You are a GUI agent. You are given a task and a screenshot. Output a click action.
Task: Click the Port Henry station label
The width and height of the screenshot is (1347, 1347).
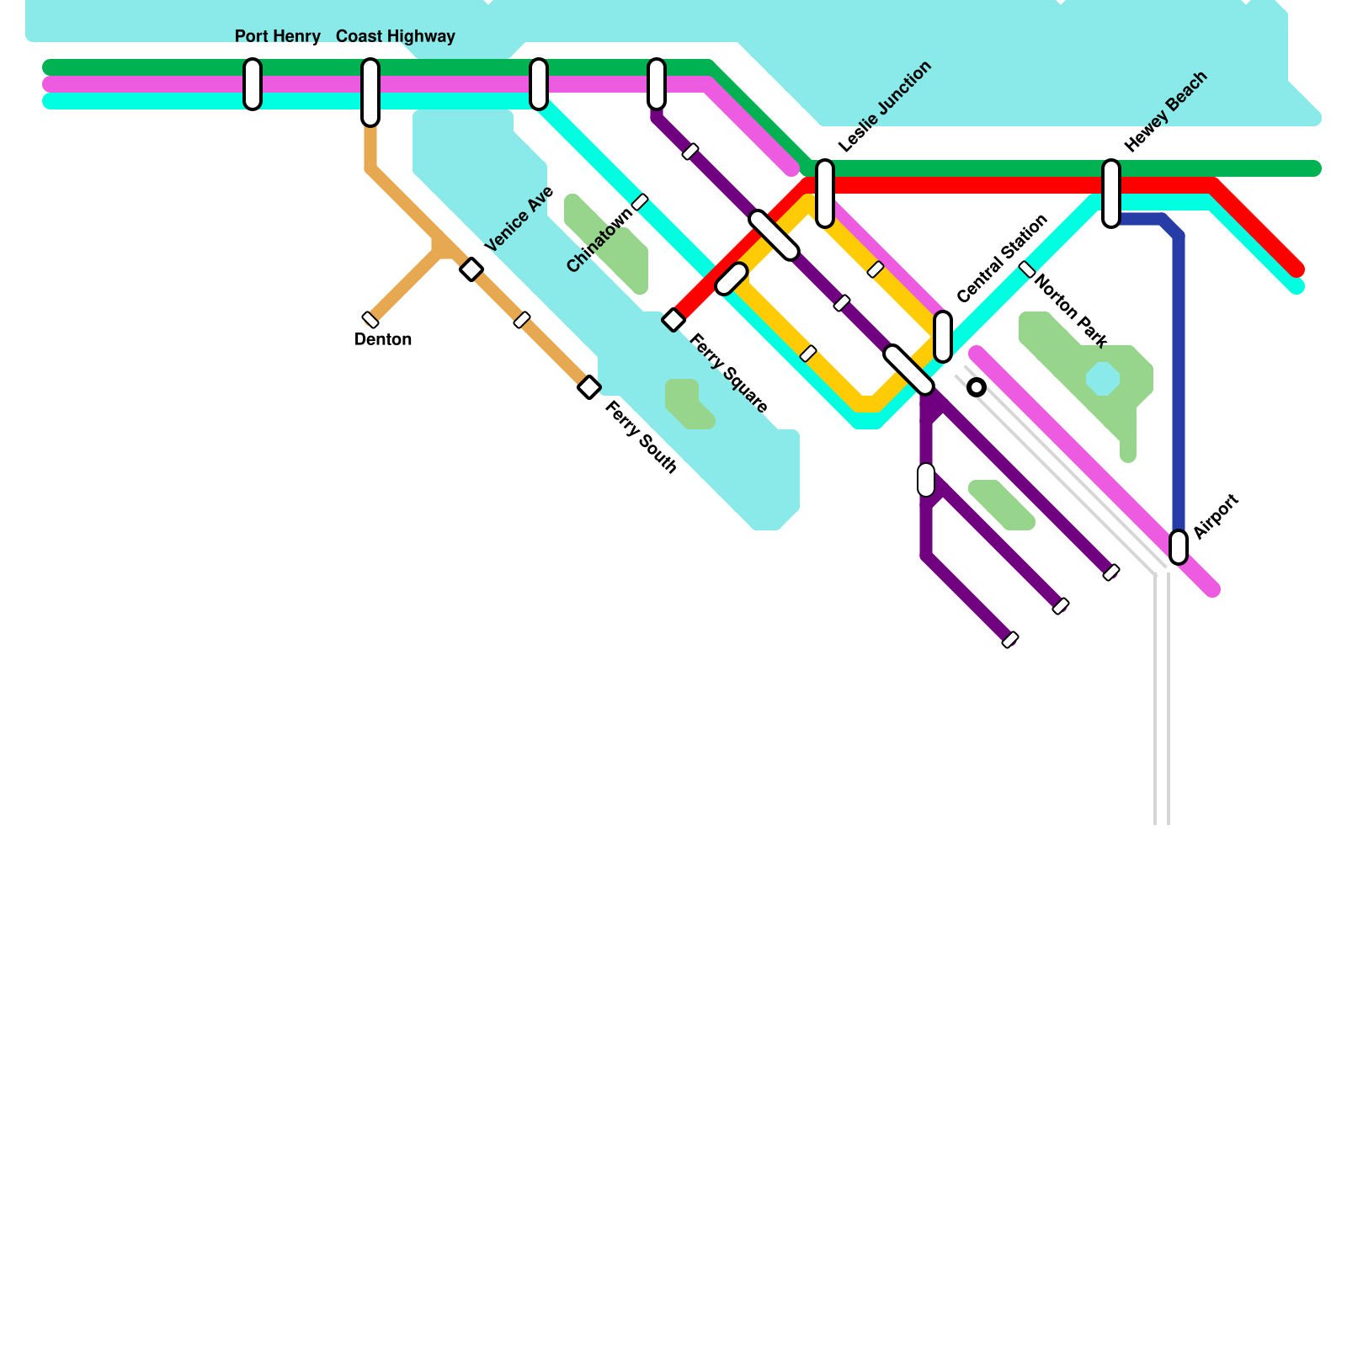[x=277, y=36]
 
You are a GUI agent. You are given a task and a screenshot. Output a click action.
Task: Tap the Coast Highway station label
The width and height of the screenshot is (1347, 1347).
[x=395, y=36]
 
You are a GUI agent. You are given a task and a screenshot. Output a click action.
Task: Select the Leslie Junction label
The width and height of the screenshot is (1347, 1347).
[x=885, y=106]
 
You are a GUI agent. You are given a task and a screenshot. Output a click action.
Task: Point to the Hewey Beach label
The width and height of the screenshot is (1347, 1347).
[x=1166, y=111]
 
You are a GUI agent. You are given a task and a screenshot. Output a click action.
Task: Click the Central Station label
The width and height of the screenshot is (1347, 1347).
[x=1002, y=258]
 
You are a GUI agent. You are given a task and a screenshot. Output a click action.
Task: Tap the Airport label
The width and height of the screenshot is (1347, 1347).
[x=1217, y=516]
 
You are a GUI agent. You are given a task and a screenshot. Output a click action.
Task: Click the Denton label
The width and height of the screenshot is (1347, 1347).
[x=383, y=339]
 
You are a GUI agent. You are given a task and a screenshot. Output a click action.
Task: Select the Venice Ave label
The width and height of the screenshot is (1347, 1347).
[x=519, y=219]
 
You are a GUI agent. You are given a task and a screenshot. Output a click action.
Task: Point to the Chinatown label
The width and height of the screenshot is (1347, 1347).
[x=599, y=240]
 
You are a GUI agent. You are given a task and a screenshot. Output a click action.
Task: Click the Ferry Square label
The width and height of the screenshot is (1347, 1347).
[x=729, y=374]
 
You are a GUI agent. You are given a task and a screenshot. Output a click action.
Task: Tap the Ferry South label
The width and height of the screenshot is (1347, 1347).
[x=642, y=437]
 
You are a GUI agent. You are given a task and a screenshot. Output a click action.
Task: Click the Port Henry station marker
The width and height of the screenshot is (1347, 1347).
[x=253, y=84]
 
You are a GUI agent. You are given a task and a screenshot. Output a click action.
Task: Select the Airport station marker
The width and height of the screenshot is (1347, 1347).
[x=1179, y=547]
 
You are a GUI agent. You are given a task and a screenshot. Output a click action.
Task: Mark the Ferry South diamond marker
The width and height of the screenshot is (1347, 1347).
[x=589, y=387]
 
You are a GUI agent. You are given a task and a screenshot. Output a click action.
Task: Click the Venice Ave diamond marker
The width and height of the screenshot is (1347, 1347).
[x=471, y=269]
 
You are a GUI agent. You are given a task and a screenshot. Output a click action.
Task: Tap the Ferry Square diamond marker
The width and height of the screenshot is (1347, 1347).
[x=673, y=320]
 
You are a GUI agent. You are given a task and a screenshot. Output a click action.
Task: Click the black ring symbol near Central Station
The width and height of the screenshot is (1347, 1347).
[x=977, y=387]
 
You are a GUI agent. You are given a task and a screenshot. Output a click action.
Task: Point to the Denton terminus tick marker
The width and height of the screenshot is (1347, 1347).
[x=370, y=320]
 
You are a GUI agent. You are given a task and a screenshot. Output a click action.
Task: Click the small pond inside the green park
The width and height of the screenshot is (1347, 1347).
[x=1103, y=379]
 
